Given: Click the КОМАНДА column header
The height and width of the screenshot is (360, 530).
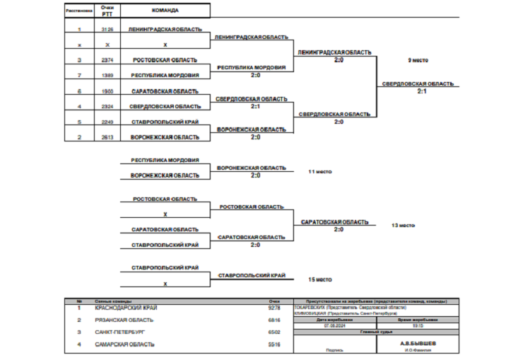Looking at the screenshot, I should tap(165, 11).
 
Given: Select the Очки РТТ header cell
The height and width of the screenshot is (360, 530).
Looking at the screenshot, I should tap(107, 11).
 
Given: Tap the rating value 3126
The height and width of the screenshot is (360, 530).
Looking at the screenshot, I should tap(107, 30).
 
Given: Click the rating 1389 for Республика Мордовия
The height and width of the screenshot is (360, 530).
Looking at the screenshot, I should tap(107, 74).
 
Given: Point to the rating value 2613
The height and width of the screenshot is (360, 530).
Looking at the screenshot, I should tap(107, 137).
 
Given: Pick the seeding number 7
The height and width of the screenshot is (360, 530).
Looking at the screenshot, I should tap(79, 74).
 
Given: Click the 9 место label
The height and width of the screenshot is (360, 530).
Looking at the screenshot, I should tap(418, 60).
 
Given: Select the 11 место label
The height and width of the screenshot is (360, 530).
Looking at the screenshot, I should tap(320, 172).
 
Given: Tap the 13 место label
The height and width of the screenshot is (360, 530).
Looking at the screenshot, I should tap(403, 226).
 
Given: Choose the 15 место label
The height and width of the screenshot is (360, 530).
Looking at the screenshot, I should tap(320, 279).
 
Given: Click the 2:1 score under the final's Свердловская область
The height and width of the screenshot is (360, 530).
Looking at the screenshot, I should tap(421, 91).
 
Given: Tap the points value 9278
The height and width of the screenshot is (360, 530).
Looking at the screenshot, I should tap(275, 308).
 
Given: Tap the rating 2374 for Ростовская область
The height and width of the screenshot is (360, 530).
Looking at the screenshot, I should tap(107, 60).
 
